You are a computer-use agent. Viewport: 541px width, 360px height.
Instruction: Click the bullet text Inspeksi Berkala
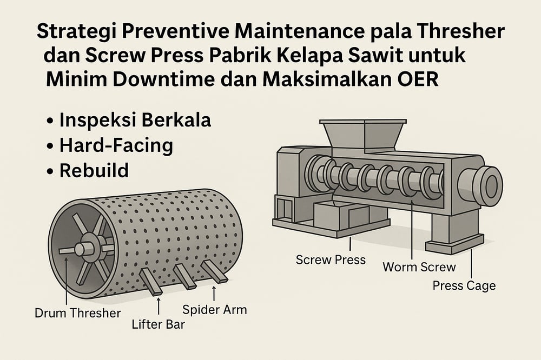pyautogui.click(x=135, y=120)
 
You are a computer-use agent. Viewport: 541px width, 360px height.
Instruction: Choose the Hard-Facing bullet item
pyautogui.click(x=116, y=145)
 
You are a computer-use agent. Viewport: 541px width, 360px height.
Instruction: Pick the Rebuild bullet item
pyautogui.click(x=94, y=170)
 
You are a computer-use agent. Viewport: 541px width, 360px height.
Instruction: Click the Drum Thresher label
pyautogui.click(x=78, y=313)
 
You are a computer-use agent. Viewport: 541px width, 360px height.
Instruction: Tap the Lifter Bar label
pyautogui.click(x=159, y=324)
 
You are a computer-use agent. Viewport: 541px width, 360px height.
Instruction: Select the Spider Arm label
pyautogui.click(x=215, y=310)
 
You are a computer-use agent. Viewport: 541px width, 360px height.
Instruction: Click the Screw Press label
pyautogui.click(x=331, y=259)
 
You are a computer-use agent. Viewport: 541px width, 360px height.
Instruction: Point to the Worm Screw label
pyautogui.click(x=419, y=267)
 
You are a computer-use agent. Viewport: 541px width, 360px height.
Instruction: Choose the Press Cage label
pyautogui.click(x=464, y=285)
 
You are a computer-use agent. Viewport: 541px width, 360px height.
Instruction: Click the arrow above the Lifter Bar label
pyautogui.click(x=159, y=306)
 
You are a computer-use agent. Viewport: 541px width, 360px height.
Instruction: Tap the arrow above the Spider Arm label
pyautogui.click(x=214, y=294)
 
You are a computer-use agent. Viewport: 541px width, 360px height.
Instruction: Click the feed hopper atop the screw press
pyautogui.click(x=363, y=136)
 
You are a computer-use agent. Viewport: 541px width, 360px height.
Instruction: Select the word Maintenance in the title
pyautogui.click(x=300, y=31)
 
